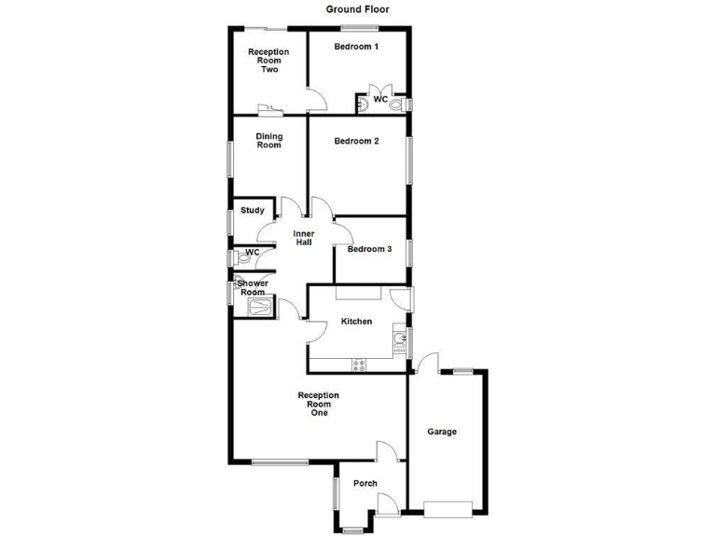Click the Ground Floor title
coord(357,9)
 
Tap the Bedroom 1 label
coord(356,48)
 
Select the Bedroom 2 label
coord(356,142)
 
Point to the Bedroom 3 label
coord(369,249)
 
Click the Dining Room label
coord(268,141)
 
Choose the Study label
coord(252,211)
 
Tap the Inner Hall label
coord(303,238)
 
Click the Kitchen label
coord(356,322)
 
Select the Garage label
coord(442,432)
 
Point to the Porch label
coord(365,483)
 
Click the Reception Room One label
coord(318,404)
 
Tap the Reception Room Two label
coord(268,60)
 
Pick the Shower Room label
coord(252,288)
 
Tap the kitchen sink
coord(398,340)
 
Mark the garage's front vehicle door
coord(447,509)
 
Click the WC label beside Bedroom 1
coord(380,99)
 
